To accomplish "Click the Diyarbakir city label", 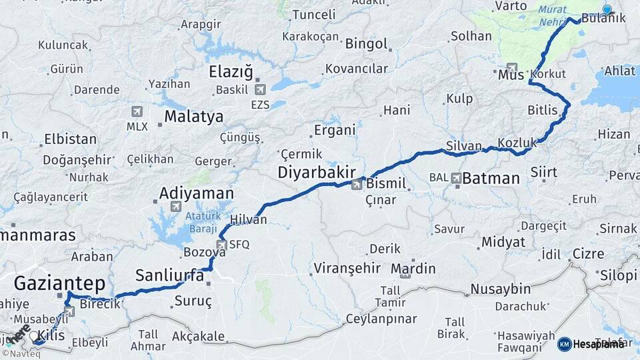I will pos(317,172).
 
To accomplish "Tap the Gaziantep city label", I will pos(59,284).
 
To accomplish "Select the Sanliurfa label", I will pos(169,275).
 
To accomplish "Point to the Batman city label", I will pos(491,178).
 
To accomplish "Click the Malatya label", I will pos(194,117).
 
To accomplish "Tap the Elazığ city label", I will pos(231,71).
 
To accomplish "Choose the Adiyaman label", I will pos(196,194).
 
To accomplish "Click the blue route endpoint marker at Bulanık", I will pos(607,9).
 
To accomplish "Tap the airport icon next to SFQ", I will pos(222,245).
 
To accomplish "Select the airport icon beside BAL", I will pos(456,178).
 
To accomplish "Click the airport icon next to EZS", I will pos(259,89).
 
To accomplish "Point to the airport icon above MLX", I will pos(137,111).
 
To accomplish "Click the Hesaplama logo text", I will pos(599,344).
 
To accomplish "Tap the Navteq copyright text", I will pos(21,353).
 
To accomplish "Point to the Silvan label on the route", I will pos(464,145).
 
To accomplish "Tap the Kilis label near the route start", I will pos(52,335).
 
